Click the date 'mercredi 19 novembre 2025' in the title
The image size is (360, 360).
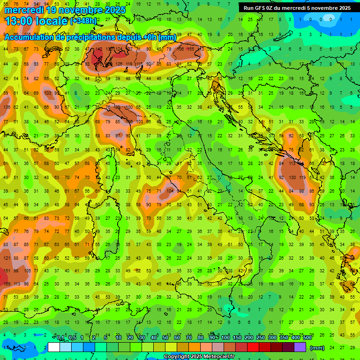tap(65, 10)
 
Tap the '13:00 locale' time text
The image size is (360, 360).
tap(36, 21)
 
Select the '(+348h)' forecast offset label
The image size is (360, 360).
tap(84, 21)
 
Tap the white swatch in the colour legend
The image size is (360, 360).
tap(54, 347)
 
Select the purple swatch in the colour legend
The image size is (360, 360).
tap(300, 347)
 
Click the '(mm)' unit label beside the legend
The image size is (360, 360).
tap(317, 348)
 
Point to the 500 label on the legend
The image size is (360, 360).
tap(307, 338)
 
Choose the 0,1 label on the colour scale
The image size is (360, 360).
tap(60, 338)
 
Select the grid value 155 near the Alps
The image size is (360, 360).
tap(191, 49)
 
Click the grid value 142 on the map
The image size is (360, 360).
tap(98, 49)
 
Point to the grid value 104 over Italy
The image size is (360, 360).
tap(170, 191)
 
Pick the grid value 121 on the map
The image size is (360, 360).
tap(7, 258)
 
